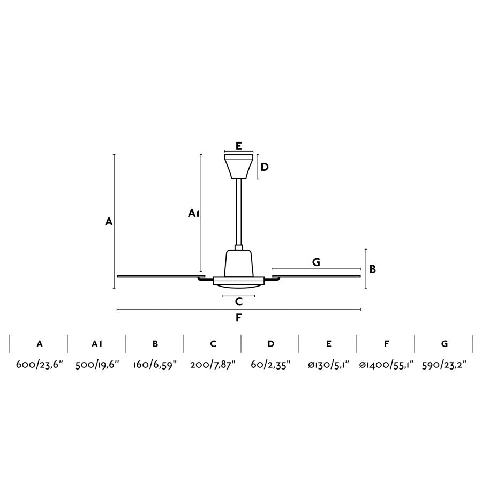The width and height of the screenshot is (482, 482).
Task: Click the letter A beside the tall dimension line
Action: pyautogui.click(x=109, y=221)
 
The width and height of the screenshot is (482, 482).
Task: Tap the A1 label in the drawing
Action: pyautogui.click(x=194, y=213)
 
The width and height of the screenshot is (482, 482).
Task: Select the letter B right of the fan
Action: pyautogui.click(x=373, y=269)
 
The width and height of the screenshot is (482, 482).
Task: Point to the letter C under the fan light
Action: pyautogui.click(x=239, y=302)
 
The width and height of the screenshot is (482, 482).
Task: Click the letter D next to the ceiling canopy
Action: pyautogui.click(x=265, y=167)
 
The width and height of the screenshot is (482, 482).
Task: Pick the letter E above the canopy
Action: pyautogui.click(x=239, y=146)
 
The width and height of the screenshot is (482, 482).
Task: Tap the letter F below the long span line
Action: pyautogui.click(x=239, y=318)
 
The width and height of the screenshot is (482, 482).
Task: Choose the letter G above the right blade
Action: pyautogui.click(x=316, y=262)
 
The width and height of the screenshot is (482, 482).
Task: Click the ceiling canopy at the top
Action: pyautogui.click(x=239, y=167)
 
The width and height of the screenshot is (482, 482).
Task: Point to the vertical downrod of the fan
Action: pyautogui.click(x=239, y=212)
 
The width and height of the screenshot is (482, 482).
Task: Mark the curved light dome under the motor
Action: pyautogui.click(x=239, y=288)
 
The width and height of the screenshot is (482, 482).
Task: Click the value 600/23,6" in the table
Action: pyautogui.click(x=39, y=365)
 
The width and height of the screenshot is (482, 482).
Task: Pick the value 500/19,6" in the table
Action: pyautogui.click(x=97, y=365)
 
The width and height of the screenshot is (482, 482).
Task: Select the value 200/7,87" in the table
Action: pyautogui.click(x=213, y=365)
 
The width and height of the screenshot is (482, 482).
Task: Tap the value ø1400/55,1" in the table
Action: pyautogui.click(x=386, y=365)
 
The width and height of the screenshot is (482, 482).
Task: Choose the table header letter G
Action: pyautogui.click(x=445, y=344)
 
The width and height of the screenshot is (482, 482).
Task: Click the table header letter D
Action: pyautogui.click(x=271, y=344)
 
